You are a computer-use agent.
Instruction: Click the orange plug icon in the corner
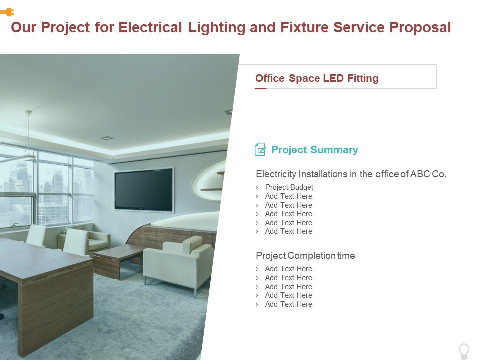tap(7, 12)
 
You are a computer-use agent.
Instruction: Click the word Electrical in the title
tap(150, 27)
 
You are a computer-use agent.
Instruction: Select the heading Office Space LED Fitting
tap(317, 78)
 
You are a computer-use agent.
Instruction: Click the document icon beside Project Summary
tap(260, 149)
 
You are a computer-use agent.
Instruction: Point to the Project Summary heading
tap(314, 150)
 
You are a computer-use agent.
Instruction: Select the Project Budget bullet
tap(289, 187)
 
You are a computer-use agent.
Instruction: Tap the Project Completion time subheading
tap(305, 256)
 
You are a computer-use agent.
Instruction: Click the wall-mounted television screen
tap(144, 189)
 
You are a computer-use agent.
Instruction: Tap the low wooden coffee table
tap(118, 257)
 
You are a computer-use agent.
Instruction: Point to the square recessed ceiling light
tap(106, 137)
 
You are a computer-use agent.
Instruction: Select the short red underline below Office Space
tap(261, 89)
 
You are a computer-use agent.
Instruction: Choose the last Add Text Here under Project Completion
tap(288, 304)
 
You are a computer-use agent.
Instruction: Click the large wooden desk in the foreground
tap(45, 280)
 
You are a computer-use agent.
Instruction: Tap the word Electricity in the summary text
tap(276, 174)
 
